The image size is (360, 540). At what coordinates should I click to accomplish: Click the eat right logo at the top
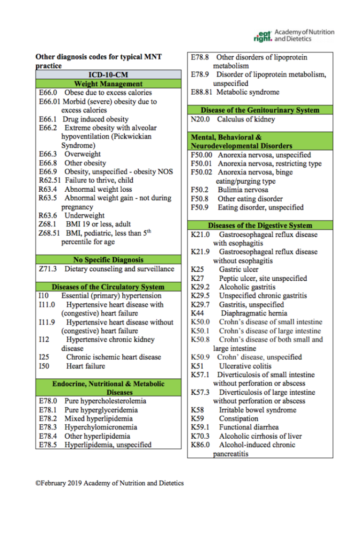tap(262, 36)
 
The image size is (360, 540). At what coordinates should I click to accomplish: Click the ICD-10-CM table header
tap(108, 75)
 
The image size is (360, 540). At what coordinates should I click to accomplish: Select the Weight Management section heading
tap(108, 84)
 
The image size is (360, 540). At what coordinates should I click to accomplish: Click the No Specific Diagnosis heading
tap(108, 260)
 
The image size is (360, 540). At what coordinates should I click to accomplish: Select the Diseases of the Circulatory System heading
tap(108, 287)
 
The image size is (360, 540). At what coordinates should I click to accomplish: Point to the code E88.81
tap(202, 92)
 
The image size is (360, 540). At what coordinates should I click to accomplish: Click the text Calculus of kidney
tap(246, 120)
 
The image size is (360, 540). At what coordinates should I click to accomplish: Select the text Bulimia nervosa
tap(243, 190)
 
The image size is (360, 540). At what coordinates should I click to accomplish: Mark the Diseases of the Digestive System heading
tap(260, 225)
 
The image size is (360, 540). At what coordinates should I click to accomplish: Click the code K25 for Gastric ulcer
tap(197, 270)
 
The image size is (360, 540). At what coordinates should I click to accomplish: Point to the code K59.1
tap(200, 427)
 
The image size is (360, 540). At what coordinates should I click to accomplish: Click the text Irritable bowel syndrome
tap(257, 410)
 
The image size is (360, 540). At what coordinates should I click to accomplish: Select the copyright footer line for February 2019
tap(110, 483)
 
